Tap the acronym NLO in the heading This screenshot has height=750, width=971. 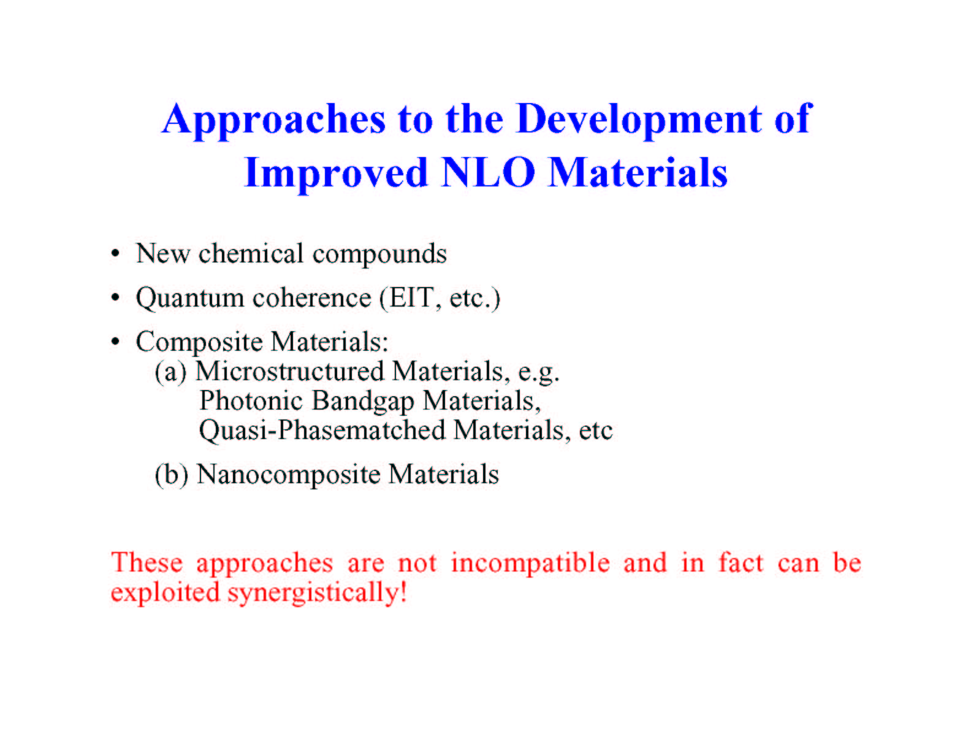(489, 173)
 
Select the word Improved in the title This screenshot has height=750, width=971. (337, 174)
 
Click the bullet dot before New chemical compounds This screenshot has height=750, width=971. (116, 254)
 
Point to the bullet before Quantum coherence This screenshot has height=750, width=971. (116, 297)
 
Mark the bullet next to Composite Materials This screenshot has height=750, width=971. (116, 342)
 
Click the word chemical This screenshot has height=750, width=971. (251, 253)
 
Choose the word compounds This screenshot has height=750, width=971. (379, 255)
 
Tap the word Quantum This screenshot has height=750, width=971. (190, 299)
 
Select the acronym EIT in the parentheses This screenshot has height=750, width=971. (411, 297)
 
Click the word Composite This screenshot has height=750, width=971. (199, 343)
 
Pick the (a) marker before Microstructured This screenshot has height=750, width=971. (170, 372)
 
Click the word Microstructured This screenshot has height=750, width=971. (289, 372)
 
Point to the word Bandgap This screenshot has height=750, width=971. (364, 402)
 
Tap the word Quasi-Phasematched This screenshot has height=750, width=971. (322, 431)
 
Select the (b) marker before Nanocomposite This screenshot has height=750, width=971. (171, 475)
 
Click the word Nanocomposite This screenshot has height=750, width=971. (289, 475)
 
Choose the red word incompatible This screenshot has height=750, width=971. (530, 563)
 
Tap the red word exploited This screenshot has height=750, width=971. (166, 593)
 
